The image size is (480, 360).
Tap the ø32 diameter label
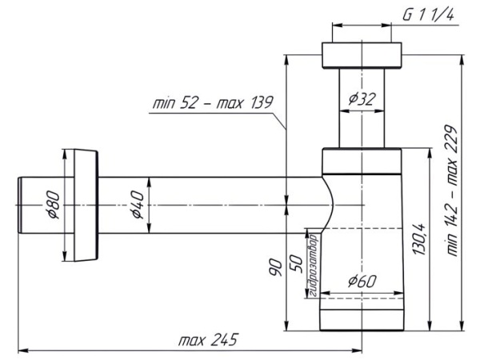pos(362,99)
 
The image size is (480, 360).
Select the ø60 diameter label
pos(362,281)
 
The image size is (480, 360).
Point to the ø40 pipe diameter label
pos(137,206)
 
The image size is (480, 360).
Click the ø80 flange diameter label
pos(54,206)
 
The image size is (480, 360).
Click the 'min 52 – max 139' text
pos(212,103)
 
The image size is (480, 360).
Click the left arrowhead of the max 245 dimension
pos(22,350)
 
